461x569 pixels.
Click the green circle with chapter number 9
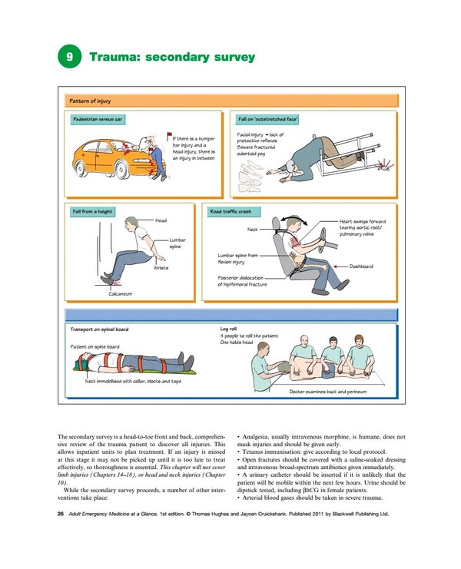click(x=70, y=57)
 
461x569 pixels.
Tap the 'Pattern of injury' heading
click(x=89, y=100)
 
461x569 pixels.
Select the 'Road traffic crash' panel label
click(x=234, y=211)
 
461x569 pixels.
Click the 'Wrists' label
click(x=161, y=267)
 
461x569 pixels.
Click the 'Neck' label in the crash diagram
click(x=251, y=229)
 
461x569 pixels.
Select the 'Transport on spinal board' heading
click(x=99, y=329)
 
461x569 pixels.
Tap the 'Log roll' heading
click(x=229, y=329)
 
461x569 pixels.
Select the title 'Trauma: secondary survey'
click(x=172, y=57)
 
